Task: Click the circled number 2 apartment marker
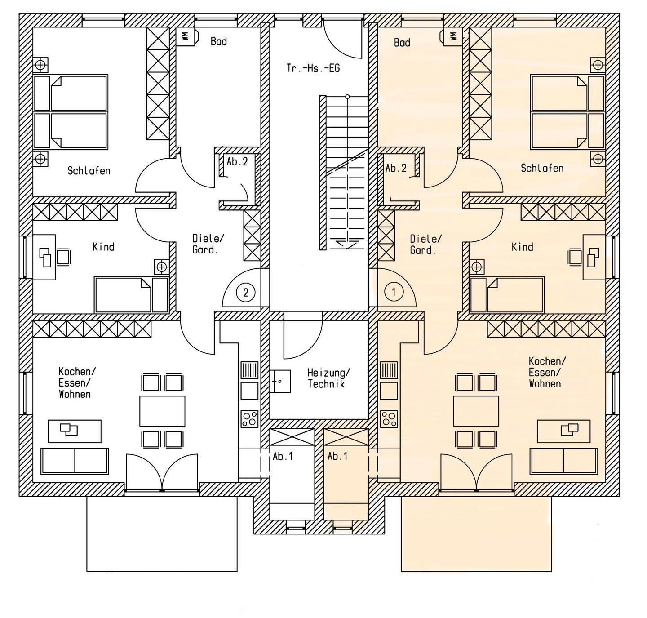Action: point(245,292)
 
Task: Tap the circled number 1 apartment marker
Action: point(394,292)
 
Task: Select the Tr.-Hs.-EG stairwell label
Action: point(313,68)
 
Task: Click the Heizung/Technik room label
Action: point(328,378)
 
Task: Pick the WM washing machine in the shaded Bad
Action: point(453,36)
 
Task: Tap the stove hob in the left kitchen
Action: point(249,419)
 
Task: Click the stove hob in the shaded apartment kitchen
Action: point(389,419)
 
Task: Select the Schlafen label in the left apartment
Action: point(89,171)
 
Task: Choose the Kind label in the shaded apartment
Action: point(523,247)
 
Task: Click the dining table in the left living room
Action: point(162,411)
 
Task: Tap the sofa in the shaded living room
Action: point(564,461)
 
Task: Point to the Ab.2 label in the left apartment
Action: point(237,162)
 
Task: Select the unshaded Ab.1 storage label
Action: point(283,456)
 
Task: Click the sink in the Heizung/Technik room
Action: point(280,381)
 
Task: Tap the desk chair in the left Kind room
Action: point(63,257)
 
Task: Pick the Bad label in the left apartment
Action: point(219,41)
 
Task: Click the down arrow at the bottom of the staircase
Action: point(347,245)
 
